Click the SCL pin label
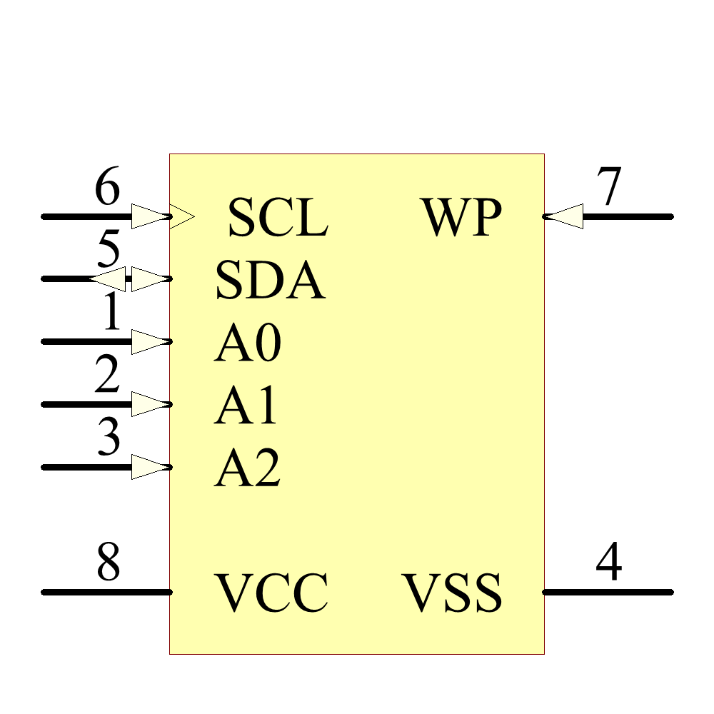278,217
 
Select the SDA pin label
270,280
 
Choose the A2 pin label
247,469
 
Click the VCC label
272,593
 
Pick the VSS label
452,593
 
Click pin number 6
107,189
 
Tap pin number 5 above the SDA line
107,251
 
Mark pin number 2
107,376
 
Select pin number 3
108,438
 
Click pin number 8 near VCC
108,563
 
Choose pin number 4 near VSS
608,563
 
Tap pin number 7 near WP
608,189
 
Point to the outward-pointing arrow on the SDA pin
109,278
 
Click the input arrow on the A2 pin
150,467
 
